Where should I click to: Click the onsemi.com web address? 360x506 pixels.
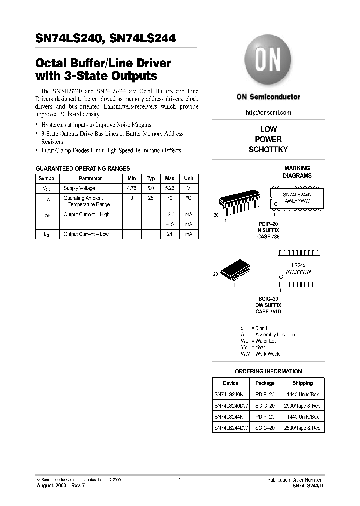(x=268, y=113)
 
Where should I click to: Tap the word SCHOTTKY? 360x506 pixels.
(x=268, y=149)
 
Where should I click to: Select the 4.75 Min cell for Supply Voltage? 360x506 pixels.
(x=132, y=188)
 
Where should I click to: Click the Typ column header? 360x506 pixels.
(x=151, y=178)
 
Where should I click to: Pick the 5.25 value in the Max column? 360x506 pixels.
(x=170, y=188)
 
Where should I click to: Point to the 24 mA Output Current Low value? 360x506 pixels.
(x=170, y=234)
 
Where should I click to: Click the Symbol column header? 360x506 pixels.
(x=47, y=178)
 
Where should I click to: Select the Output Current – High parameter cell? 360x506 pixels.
(x=86, y=214)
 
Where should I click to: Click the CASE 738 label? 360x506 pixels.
(x=268, y=237)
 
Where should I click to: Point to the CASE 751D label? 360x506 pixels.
(x=268, y=312)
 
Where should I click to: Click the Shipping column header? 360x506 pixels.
(x=302, y=383)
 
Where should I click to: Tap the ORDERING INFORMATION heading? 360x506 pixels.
(x=268, y=371)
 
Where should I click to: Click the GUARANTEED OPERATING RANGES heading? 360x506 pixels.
(x=83, y=169)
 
